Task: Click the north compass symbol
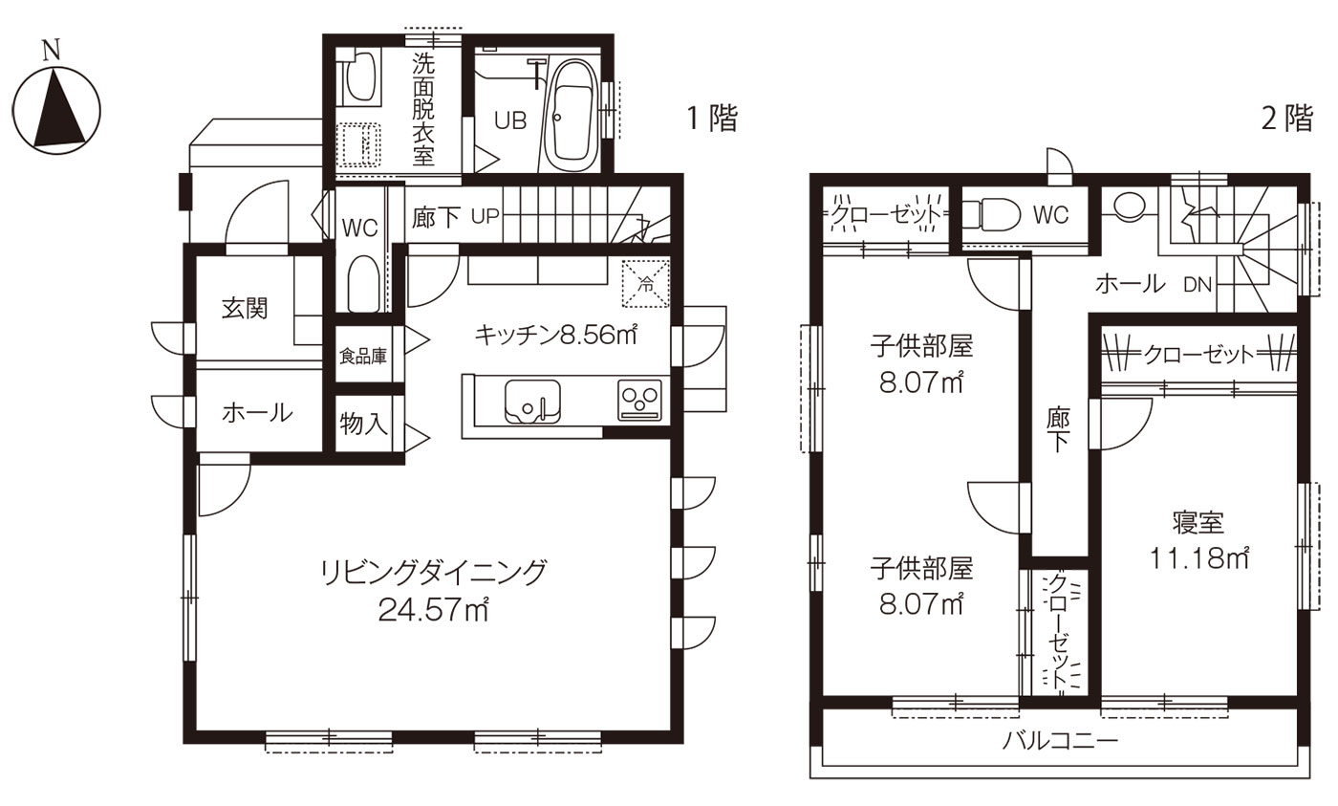tap(56, 107)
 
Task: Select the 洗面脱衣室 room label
tap(423, 109)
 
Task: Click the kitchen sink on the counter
tap(531, 399)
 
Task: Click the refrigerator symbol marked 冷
tap(646, 284)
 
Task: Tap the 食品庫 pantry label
tap(363, 357)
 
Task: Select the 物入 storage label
tap(363, 423)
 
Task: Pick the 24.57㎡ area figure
tap(433, 609)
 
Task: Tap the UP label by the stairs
tap(485, 216)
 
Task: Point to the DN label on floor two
tap(1198, 283)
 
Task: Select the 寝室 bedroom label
tap(1198, 523)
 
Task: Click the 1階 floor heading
tap(712, 119)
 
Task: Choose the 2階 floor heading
tap(1287, 119)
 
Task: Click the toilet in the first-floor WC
tap(362, 283)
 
